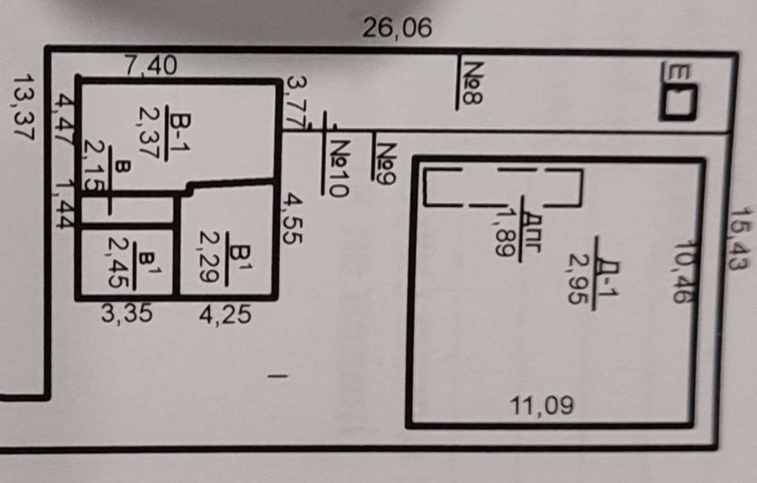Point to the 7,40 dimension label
pos(151,67)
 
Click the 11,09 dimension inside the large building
pos(542,406)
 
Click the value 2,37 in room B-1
pos(147,132)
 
